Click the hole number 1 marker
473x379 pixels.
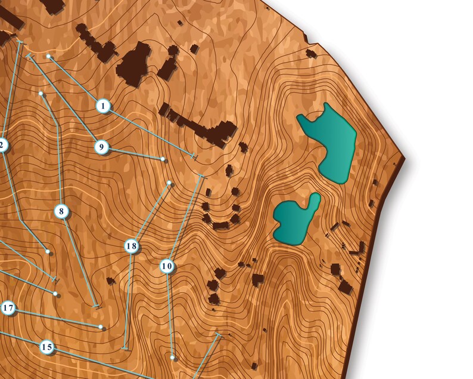tap(103, 106)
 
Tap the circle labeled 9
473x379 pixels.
tap(101, 146)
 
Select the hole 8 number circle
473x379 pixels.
tap(61, 211)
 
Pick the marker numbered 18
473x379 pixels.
tap(132, 246)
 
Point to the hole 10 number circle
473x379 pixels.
tap(167, 266)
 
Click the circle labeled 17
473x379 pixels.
tap(8, 308)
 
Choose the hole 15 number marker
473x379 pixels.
tap(47, 347)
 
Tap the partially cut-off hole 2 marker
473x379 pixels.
tap(2, 144)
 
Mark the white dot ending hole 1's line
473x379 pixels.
tap(49, 57)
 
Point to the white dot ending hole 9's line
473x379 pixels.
tap(163, 159)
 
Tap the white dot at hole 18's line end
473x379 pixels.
tap(169, 183)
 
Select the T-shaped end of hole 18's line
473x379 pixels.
tap(125, 347)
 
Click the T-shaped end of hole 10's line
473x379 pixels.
tap(201, 176)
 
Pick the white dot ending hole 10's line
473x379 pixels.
tap(173, 358)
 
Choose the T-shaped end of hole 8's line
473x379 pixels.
tap(97, 306)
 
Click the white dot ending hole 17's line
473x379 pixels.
tap(101, 327)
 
